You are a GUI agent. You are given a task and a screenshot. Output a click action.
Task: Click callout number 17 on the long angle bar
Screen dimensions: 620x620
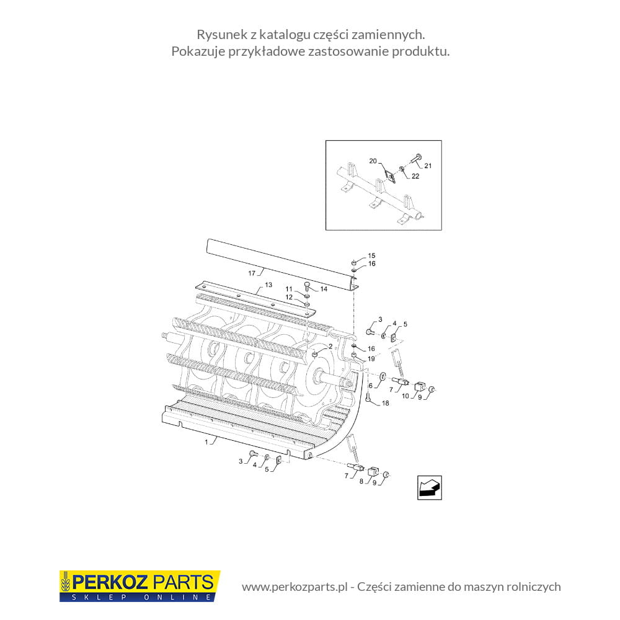coord(252,273)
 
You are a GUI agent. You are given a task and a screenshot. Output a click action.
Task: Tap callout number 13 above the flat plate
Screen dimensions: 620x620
coord(268,285)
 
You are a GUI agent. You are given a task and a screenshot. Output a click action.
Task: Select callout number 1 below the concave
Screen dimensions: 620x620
coord(206,442)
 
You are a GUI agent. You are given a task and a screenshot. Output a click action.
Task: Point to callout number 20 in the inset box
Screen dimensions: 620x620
coord(373,161)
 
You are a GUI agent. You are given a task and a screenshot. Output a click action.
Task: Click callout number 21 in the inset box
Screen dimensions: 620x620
coord(428,166)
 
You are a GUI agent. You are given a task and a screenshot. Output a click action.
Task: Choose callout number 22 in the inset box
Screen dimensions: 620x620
coord(415,176)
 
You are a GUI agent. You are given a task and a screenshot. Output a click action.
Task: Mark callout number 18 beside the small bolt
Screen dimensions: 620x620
coord(385,403)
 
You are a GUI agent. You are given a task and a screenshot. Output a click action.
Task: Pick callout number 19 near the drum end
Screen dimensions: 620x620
coord(371,358)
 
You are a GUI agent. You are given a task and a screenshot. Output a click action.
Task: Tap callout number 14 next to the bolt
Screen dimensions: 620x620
coord(324,289)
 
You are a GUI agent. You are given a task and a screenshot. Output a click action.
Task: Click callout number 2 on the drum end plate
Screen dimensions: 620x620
coord(330,347)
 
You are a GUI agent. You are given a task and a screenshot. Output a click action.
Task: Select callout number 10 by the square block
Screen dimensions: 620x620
coord(405,396)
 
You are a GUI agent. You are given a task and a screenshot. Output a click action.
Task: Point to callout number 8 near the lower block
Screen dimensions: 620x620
coord(361,481)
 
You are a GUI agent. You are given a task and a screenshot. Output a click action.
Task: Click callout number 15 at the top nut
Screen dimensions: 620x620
coord(371,255)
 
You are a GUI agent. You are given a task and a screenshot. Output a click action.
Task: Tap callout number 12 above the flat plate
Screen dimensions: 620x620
coord(289,297)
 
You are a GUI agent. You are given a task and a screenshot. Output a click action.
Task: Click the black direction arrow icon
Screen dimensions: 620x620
coord(430,487)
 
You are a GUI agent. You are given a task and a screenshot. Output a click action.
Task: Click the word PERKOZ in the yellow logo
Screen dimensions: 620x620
coord(110,582)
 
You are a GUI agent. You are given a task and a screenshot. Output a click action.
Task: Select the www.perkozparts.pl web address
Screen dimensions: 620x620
coord(294,587)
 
